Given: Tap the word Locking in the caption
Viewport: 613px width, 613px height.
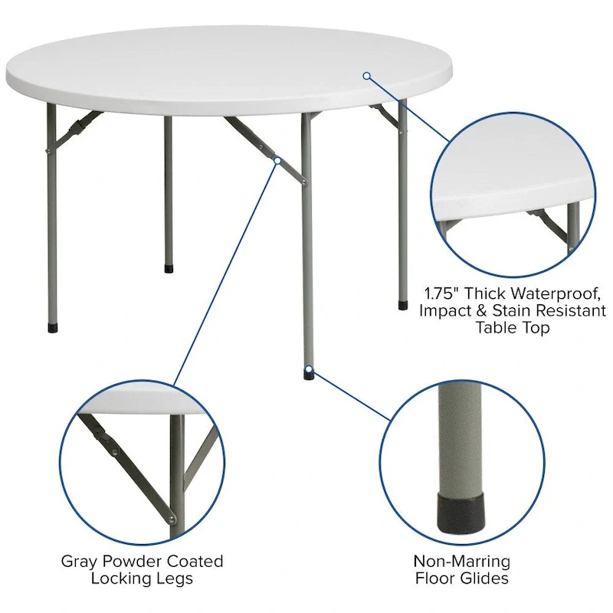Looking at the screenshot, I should (x=116, y=579).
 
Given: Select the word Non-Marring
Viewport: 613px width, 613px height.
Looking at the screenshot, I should (x=461, y=562).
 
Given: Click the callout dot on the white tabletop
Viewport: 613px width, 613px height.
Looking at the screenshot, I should (x=367, y=75).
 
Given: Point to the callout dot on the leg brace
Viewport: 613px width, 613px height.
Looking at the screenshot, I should (x=277, y=160).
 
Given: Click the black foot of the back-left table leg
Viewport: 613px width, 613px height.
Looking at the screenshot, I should (x=169, y=269).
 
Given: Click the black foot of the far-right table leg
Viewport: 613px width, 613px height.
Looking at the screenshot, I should (x=403, y=305).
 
